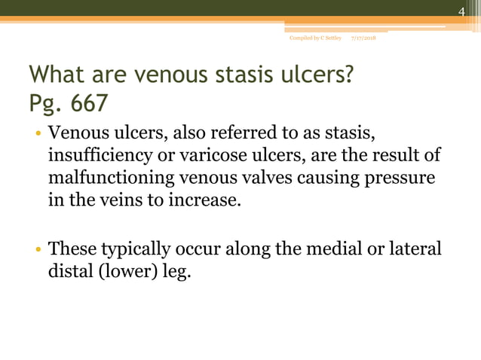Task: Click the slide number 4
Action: pyautogui.click(x=463, y=10)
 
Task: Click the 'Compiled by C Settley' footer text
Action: pyautogui.click(x=315, y=38)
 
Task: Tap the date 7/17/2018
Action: pyautogui.click(x=365, y=38)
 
